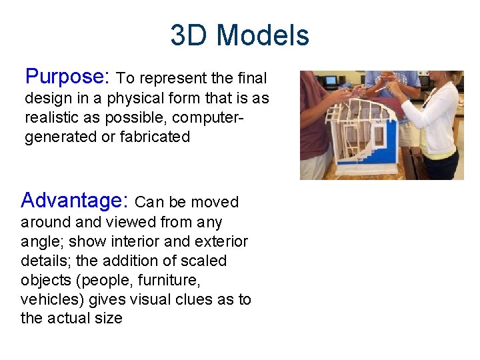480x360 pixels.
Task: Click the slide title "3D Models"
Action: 239,35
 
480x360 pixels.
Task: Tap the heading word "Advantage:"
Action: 75,201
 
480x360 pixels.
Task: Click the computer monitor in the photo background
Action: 330,81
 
